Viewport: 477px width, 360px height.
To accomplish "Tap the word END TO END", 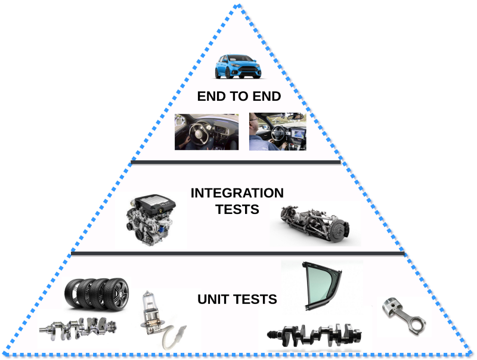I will coord(238,97).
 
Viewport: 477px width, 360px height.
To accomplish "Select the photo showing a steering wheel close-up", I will coord(206,132).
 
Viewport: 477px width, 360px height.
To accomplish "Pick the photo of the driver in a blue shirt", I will coord(277,132).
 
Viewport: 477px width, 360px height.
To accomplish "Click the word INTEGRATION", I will coord(237,194).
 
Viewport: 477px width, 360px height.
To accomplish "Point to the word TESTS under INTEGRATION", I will coord(238,210).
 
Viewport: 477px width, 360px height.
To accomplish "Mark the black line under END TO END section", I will coord(236,161).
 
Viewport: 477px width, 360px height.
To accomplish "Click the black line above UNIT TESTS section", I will coord(237,254).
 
